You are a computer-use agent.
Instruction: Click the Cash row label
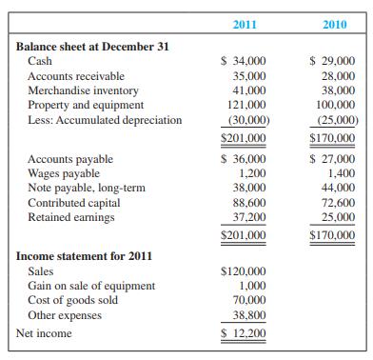tap(41, 60)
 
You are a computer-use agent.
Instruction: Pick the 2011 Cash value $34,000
tap(243, 60)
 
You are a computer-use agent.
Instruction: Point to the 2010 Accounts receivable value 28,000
tap(335, 74)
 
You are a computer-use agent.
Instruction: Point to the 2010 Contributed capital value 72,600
tap(335, 203)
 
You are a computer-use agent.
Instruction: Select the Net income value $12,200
tap(243, 333)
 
